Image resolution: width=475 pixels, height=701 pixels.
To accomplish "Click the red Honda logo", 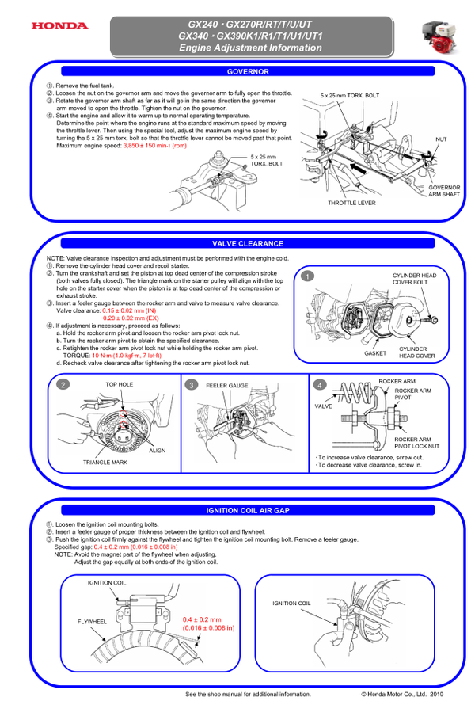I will pos(59,26).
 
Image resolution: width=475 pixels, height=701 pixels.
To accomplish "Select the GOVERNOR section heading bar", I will pos(248,71).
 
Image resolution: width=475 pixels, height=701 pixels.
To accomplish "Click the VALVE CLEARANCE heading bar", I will pos(248,243).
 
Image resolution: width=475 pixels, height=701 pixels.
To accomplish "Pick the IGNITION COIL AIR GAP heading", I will pos(248,510).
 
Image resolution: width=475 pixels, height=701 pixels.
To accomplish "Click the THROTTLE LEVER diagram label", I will pos(351,204).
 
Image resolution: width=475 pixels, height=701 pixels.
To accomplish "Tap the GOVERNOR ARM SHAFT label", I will pos(444,191).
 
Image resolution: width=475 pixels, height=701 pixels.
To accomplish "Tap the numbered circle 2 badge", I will pos(62,384).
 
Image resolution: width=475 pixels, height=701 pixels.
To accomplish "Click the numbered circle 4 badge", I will pos(320,384).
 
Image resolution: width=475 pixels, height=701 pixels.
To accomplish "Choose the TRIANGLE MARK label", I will pos(104,461).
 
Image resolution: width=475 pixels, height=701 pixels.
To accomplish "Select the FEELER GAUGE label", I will pos(227,384).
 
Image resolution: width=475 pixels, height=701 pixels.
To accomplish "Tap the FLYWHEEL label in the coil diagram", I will pos(92,622).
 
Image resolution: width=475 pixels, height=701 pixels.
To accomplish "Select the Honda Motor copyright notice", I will pos(404,693).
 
